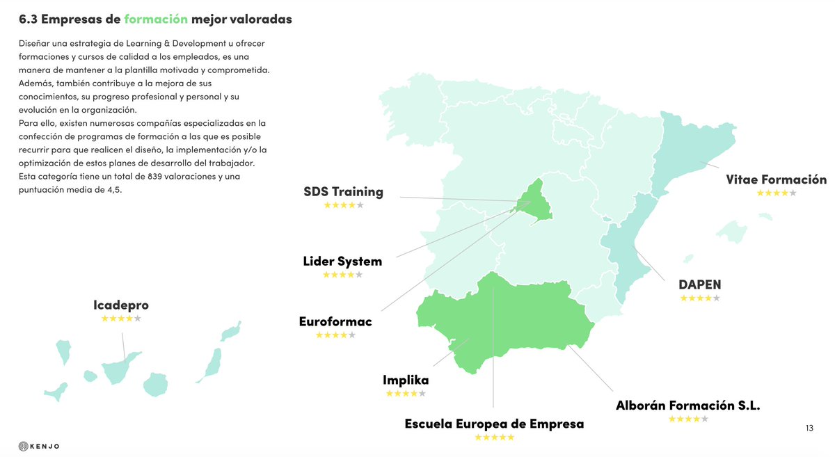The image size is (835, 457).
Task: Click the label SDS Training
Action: pyautogui.click(x=343, y=192)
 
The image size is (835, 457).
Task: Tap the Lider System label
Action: pyautogui.click(x=342, y=262)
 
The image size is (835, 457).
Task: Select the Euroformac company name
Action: pyautogui.click(x=335, y=322)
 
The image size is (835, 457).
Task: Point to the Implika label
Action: pyautogui.click(x=406, y=380)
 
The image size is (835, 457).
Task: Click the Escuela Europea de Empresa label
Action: pyautogui.click(x=494, y=424)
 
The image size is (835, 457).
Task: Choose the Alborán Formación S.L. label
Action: pyautogui.click(x=687, y=406)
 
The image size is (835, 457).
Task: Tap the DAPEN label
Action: pyautogui.click(x=699, y=284)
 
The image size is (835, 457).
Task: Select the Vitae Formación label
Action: pyautogui.click(x=776, y=179)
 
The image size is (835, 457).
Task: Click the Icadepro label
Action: pyautogui.click(x=121, y=305)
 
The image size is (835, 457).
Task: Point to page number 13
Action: pyautogui.click(x=809, y=428)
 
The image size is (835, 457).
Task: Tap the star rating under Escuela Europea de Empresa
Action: pyautogui.click(x=494, y=438)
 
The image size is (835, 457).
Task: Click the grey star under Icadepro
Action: pyautogui.click(x=138, y=319)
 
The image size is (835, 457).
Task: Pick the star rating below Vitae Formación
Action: pyautogui.click(x=776, y=193)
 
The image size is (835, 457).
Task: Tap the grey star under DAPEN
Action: pyautogui.click(x=717, y=298)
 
